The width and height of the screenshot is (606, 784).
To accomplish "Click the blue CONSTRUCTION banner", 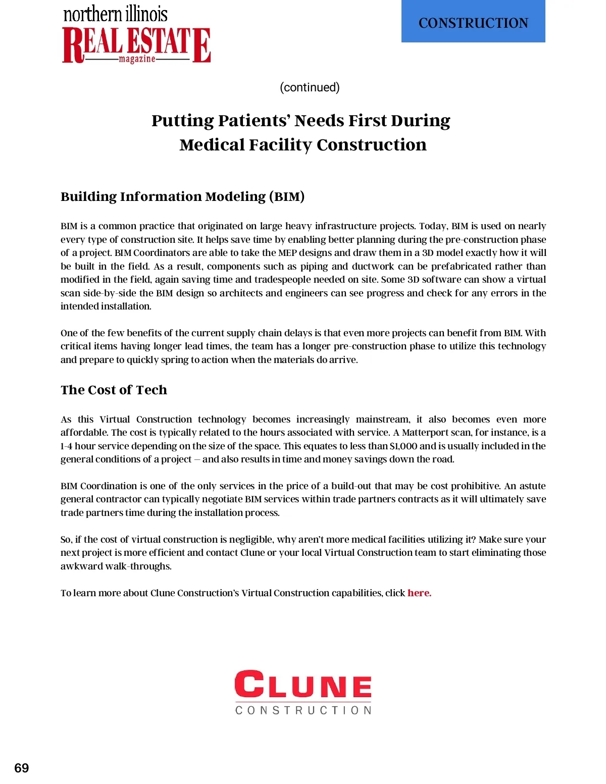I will pos(473,22).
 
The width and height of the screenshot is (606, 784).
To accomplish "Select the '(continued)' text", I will pos(310,87).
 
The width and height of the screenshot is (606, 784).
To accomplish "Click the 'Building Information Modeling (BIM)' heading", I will pos(182,196).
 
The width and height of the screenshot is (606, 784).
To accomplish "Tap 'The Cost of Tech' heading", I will pos(114,390).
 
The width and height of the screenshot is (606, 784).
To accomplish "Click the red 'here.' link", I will pos(419,593).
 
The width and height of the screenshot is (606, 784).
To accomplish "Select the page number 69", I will pos(22,768).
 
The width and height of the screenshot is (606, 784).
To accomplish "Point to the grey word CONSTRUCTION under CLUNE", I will pos(303,710).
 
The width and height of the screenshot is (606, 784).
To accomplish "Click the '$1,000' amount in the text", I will pos(403,446).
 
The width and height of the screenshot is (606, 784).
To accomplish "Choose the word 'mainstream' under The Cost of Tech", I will pos(382,419).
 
